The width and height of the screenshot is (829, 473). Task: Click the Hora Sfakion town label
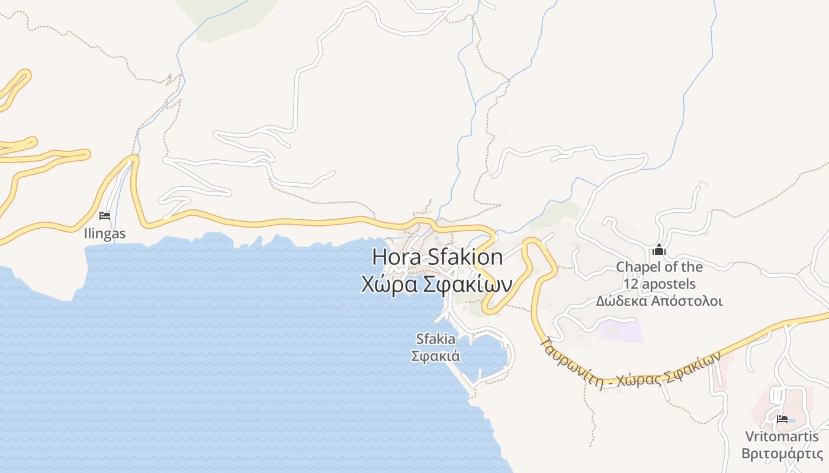coord(438,257)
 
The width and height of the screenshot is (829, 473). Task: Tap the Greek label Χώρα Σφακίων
coord(436,284)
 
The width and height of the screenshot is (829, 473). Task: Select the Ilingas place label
coord(105,234)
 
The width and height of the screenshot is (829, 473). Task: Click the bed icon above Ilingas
coord(105,216)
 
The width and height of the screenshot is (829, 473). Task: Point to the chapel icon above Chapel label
coord(658,250)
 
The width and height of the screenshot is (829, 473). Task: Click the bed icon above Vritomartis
coord(782,419)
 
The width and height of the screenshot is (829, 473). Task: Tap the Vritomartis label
coord(782,437)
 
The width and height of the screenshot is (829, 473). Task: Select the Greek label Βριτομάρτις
coord(782,453)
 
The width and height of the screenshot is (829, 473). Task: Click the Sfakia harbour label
coord(436,339)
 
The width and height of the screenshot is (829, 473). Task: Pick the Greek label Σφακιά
coord(436,356)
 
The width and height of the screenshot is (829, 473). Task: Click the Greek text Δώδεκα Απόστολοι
coord(659,301)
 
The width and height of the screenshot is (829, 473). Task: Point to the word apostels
coord(669,284)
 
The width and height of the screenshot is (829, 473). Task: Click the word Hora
coord(396,257)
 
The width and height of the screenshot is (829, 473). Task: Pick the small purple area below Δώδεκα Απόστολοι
coord(622,331)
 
